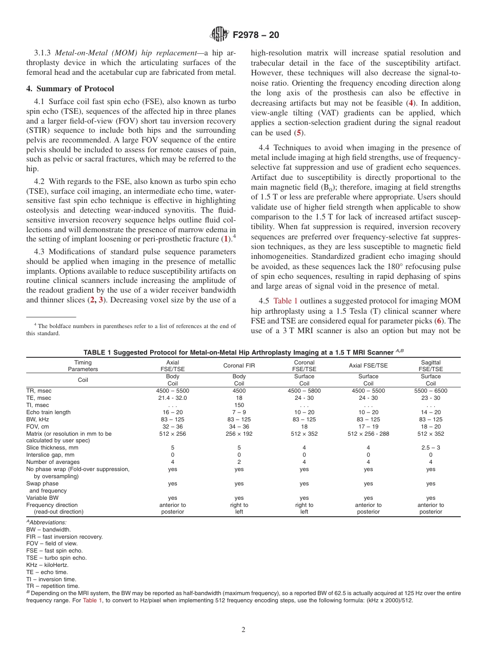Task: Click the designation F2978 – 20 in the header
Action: coord(256,35)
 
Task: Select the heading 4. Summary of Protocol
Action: coord(70,89)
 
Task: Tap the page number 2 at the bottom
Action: coord(243,630)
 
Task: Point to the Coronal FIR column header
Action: coord(239,365)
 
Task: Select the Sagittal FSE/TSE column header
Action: coord(430,365)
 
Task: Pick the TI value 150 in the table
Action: coord(239,405)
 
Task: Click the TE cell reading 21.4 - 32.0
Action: coord(172,398)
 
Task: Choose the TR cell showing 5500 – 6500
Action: coord(430,391)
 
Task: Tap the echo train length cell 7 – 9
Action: coord(239,412)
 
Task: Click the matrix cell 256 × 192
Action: coord(239,434)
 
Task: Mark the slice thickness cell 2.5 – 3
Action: coord(430,447)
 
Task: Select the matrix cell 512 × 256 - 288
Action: coord(368,434)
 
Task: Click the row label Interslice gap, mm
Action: coord(50,455)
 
